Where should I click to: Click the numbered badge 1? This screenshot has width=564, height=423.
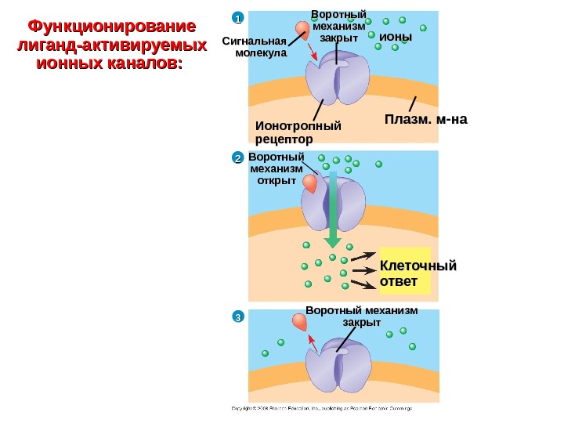pyautogui.click(x=237, y=17)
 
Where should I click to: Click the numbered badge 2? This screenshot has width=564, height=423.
pyautogui.click(x=237, y=159)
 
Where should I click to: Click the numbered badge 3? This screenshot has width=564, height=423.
pyautogui.click(x=237, y=316)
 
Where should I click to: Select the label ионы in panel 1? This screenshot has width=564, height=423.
pyautogui.click(x=395, y=37)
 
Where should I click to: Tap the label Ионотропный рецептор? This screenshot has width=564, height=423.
pyautogui.click(x=299, y=132)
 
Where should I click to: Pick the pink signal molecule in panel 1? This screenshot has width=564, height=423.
pyautogui.click(x=302, y=30)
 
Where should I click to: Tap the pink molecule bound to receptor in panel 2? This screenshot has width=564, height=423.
pyautogui.click(x=311, y=184)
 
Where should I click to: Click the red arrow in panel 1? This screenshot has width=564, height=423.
pyautogui.click(x=313, y=50)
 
